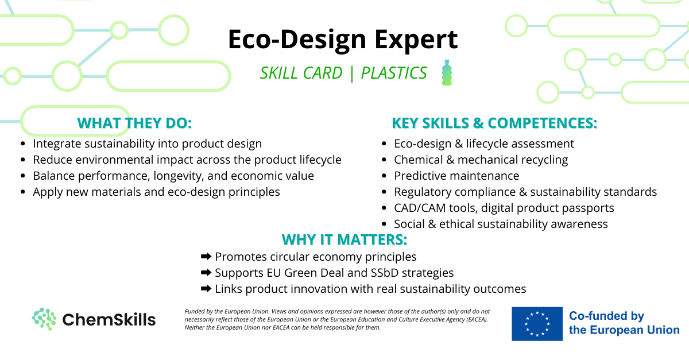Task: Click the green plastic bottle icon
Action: [x=447, y=72]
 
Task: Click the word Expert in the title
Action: [x=416, y=40]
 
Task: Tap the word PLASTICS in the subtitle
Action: [x=394, y=73]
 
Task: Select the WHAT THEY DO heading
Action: [x=134, y=123]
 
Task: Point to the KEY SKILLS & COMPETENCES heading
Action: [x=494, y=123]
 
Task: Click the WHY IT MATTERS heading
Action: [x=344, y=239]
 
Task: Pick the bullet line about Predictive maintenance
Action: [x=456, y=176]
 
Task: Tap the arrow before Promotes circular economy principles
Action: [x=206, y=256]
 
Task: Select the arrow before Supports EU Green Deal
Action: [x=206, y=272]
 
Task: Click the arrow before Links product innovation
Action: [x=206, y=289]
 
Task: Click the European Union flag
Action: [x=537, y=324]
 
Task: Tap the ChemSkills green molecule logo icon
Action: [x=44, y=319]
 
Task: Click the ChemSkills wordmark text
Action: [x=109, y=320]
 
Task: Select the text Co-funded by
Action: [x=606, y=316]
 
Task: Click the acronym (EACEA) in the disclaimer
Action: [x=477, y=319]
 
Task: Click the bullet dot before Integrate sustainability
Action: [x=23, y=144]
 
